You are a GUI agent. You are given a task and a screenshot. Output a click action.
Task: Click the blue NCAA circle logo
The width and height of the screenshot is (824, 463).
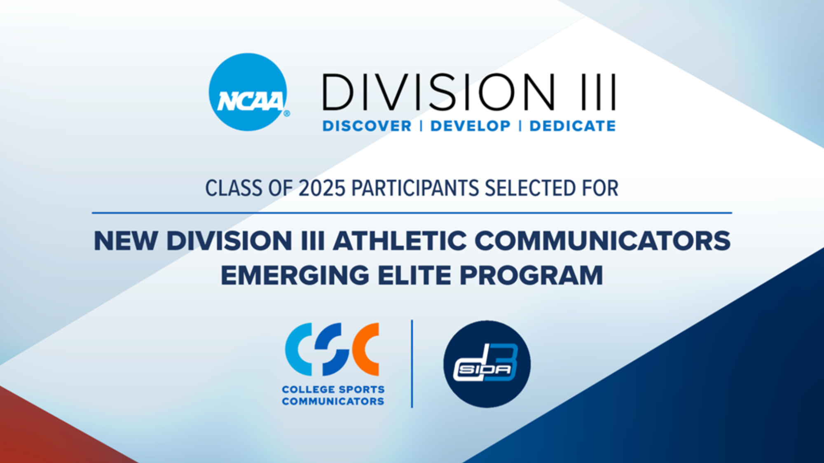click(x=248, y=92)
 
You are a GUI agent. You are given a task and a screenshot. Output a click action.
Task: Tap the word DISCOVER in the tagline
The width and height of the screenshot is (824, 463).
click(x=367, y=126)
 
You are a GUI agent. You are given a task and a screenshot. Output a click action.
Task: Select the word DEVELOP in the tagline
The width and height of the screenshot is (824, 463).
click(x=470, y=126)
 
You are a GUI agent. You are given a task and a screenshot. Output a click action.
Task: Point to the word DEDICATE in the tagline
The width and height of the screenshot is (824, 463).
click(x=572, y=126)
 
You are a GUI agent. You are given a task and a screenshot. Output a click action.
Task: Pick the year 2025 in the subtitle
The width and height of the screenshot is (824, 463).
click(x=322, y=189)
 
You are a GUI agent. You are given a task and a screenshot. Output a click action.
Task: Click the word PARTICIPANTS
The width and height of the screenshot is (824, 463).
click(x=415, y=189)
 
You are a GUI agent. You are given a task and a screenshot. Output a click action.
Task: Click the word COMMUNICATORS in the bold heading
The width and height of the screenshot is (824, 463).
click(x=602, y=241)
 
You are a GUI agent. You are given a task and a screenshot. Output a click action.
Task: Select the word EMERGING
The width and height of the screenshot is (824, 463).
click(x=295, y=276)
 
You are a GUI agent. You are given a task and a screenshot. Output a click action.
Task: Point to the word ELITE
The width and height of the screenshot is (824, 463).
click(x=414, y=276)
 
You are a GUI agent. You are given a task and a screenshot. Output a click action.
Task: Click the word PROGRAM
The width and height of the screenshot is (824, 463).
click(x=531, y=276)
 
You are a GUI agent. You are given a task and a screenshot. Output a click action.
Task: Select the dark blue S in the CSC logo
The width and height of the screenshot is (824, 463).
click(x=332, y=349)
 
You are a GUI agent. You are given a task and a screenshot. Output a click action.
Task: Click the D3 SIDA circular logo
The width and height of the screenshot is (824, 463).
click(x=487, y=364)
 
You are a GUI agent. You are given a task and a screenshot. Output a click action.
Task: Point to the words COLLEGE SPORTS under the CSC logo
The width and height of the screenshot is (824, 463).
click(x=333, y=389)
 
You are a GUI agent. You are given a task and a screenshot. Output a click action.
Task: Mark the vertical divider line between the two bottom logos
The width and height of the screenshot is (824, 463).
click(x=412, y=363)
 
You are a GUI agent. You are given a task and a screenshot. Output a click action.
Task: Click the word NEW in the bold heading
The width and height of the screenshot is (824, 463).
click(x=126, y=241)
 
